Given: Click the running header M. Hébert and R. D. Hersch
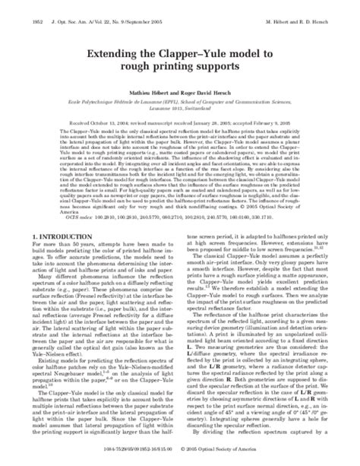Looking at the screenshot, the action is pos(313,8).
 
